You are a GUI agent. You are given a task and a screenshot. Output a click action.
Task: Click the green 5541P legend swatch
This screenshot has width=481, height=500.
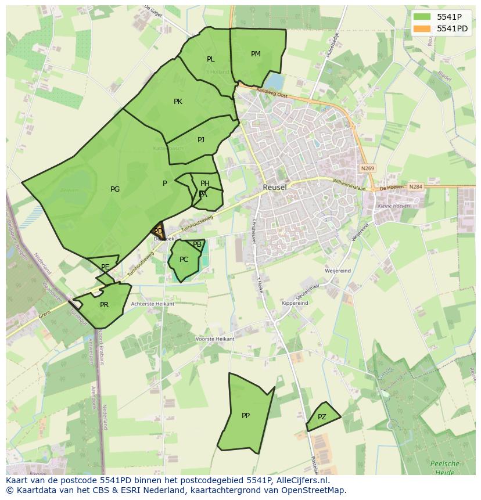click(x=423, y=17)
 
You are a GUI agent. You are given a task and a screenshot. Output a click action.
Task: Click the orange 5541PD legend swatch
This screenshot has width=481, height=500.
click(x=423, y=28)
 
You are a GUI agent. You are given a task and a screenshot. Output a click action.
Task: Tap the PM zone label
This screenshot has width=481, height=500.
click(x=256, y=54)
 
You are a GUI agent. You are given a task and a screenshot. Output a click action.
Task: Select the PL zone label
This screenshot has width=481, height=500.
click(x=211, y=59)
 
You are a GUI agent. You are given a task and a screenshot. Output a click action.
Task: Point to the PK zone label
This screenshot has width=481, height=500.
click(x=178, y=102)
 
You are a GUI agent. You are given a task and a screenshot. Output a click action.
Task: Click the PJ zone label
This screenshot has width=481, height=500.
click(x=201, y=139)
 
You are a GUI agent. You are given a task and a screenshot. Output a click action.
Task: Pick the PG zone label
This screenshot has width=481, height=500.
click(x=115, y=189)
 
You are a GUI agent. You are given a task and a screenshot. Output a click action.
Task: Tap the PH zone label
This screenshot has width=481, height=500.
click(x=204, y=184)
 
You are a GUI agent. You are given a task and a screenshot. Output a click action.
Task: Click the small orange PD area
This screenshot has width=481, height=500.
click(x=158, y=231)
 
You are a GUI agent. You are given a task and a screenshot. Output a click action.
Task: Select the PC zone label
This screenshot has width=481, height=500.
click(x=184, y=260)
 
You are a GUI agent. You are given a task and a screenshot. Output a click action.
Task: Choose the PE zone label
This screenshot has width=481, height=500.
click(x=105, y=267)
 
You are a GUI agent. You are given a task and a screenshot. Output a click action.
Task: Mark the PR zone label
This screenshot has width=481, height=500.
click(x=104, y=305)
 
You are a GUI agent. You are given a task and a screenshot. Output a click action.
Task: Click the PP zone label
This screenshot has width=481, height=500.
click(x=246, y=416)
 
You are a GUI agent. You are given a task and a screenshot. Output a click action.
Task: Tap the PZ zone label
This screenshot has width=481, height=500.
click(x=322, y=417)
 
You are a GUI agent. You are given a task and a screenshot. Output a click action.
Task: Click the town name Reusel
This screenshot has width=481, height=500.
click(x=275, y=188)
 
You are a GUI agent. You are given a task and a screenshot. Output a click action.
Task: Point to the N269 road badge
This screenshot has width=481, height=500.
click(x=367, y=168)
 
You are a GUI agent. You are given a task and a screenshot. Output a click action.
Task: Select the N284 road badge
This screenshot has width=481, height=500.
click(x=415, y=187)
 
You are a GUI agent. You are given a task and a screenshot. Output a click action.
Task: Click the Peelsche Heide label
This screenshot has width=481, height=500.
click(x=445, y=467)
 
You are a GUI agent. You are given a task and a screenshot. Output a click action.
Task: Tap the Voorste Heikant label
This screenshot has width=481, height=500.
click(x=215, y=339)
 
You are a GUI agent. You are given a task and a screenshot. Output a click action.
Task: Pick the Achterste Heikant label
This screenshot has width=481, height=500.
click(x=153, y=304)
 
